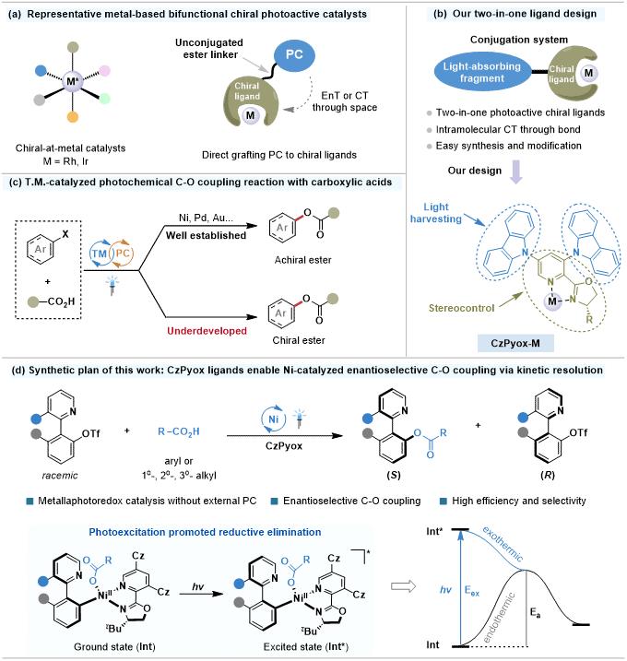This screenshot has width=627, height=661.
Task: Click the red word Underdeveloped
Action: (x=208, y=329)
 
